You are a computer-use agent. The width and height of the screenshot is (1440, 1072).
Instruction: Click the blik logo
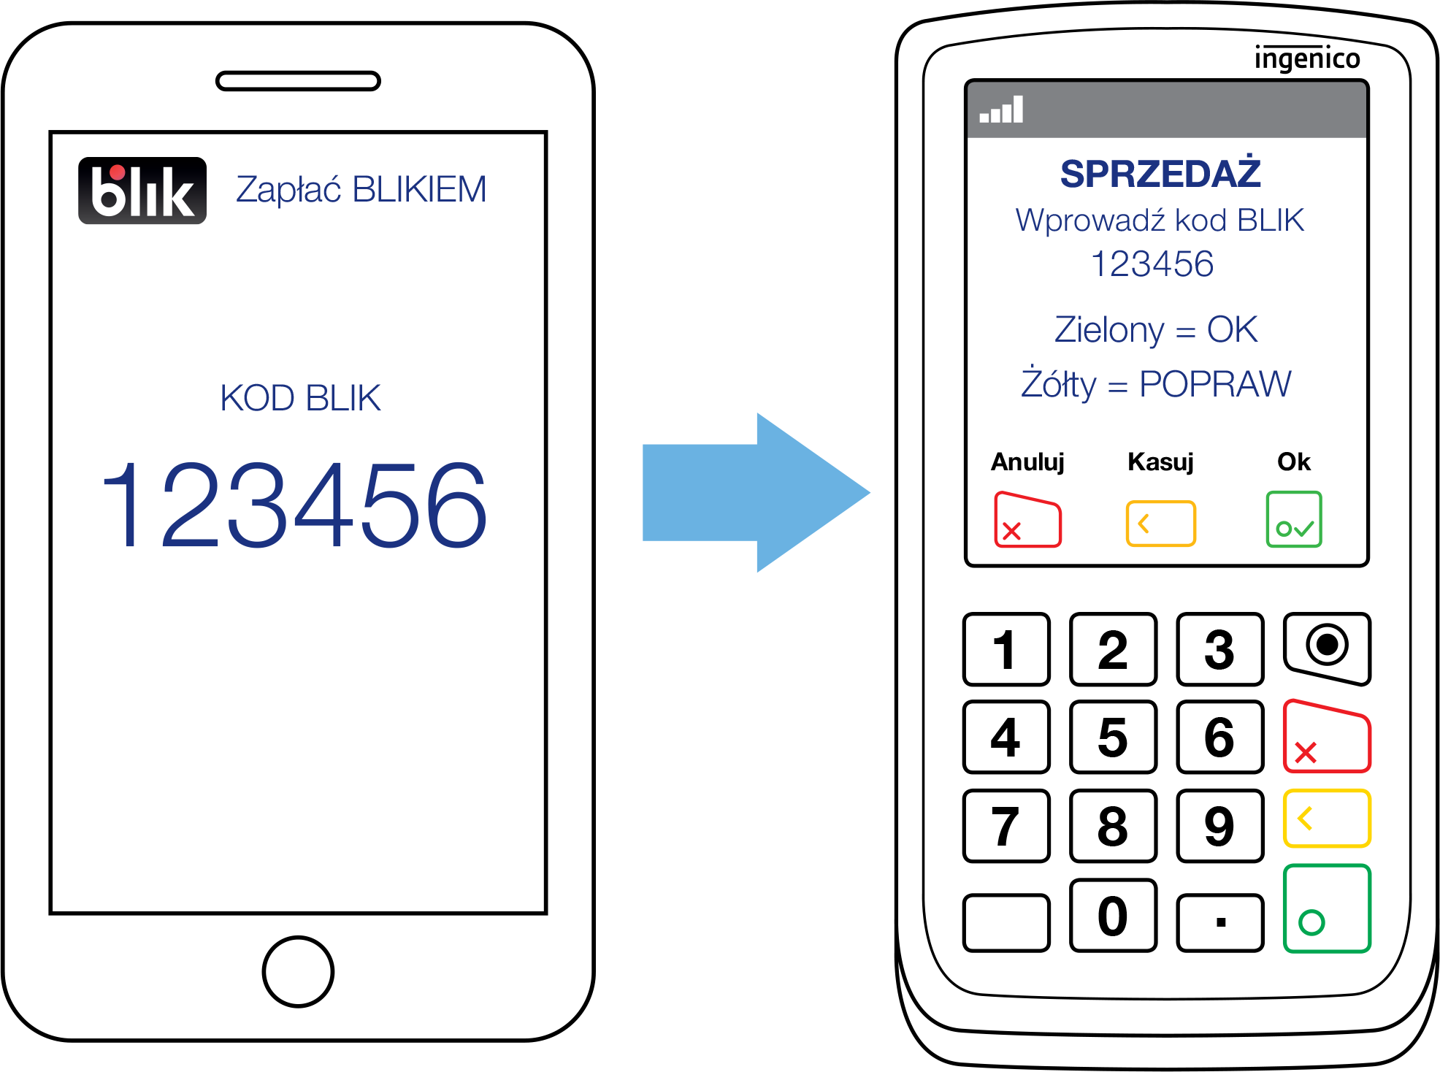[142, 193]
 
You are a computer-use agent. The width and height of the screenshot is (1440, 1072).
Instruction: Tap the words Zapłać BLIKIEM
[361, 190]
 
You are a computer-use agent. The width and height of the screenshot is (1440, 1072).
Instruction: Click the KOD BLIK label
[300, 399]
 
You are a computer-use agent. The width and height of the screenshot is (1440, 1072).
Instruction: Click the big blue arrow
[755, 493]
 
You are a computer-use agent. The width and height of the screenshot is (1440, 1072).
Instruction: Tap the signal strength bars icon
[1001, 110]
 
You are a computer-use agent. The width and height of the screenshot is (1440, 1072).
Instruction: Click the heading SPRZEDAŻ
[1160, 174]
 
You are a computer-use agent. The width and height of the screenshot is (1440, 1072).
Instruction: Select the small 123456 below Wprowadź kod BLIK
[1152, 264]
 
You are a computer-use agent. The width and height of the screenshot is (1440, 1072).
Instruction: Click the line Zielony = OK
[1156, 330]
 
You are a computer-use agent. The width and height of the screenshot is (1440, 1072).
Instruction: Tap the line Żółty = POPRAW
[1156, 385]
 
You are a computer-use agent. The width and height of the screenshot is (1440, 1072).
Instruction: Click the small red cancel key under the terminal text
[1027, 521]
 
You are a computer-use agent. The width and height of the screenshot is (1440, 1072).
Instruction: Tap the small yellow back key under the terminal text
[1160, 524]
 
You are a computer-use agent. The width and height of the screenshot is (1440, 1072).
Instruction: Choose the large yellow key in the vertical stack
[1327, 818]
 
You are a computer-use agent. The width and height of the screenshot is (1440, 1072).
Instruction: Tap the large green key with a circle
[1327, 908]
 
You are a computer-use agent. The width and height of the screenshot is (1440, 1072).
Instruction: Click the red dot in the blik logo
[117, 172]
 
